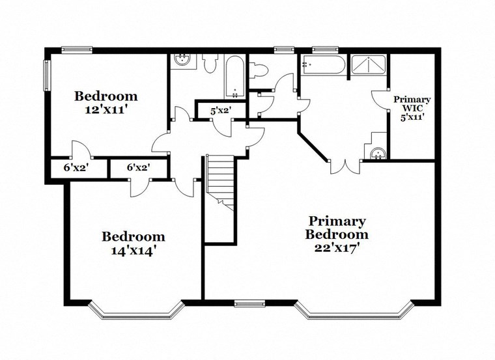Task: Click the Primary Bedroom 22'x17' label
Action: [x=338, y=234]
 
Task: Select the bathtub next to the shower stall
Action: [x=323, y=65]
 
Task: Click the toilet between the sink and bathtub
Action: [x=210, y=64]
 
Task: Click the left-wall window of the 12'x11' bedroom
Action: [x=47, y=76]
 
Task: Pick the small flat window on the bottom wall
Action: [x=250, y=302]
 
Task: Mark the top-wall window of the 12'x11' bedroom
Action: [x=77, y=49]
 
